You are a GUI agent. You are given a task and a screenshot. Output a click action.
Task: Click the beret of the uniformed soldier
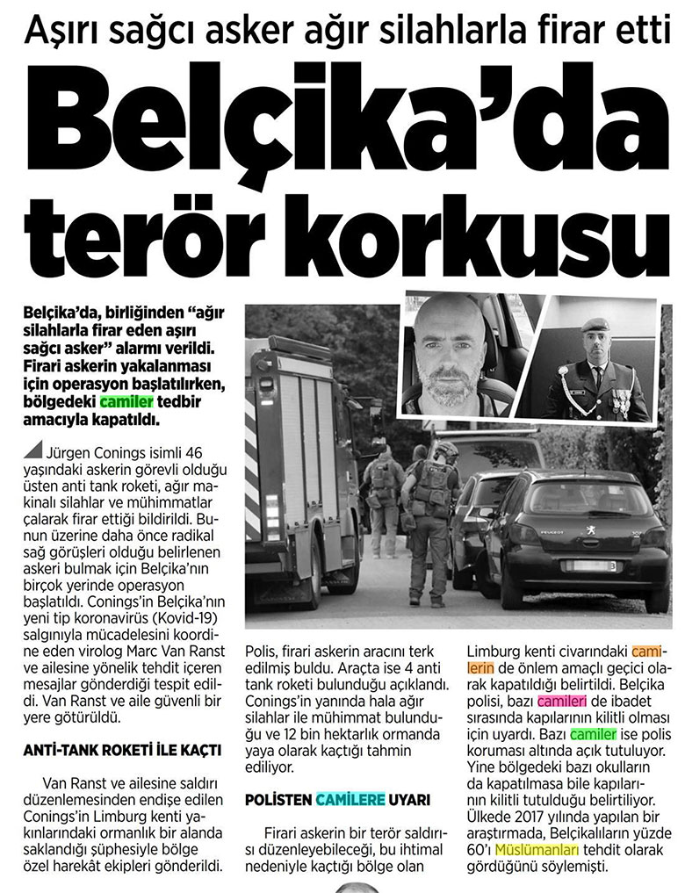tap(594, 324)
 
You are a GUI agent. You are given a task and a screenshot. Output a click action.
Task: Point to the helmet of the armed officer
tap(447, 450)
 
